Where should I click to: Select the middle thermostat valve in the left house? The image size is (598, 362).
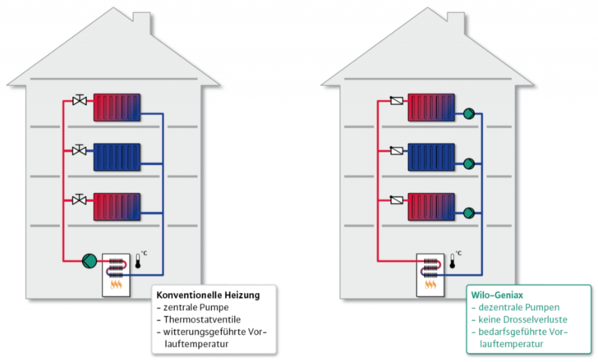point(80,151)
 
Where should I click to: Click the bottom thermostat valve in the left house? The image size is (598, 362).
point(80,199)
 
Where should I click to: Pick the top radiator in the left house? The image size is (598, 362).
point(117,108)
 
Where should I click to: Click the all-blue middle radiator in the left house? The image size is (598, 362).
point(117,156)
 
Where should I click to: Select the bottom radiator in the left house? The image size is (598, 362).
point(117,204)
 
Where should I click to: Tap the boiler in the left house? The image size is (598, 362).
point(117,274)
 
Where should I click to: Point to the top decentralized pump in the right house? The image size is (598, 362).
point(469,115)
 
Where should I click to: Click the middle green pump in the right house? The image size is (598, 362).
point(469,163)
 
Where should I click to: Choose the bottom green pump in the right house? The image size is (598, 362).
point(469,212)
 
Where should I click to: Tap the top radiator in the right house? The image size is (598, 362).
point(432,108)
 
